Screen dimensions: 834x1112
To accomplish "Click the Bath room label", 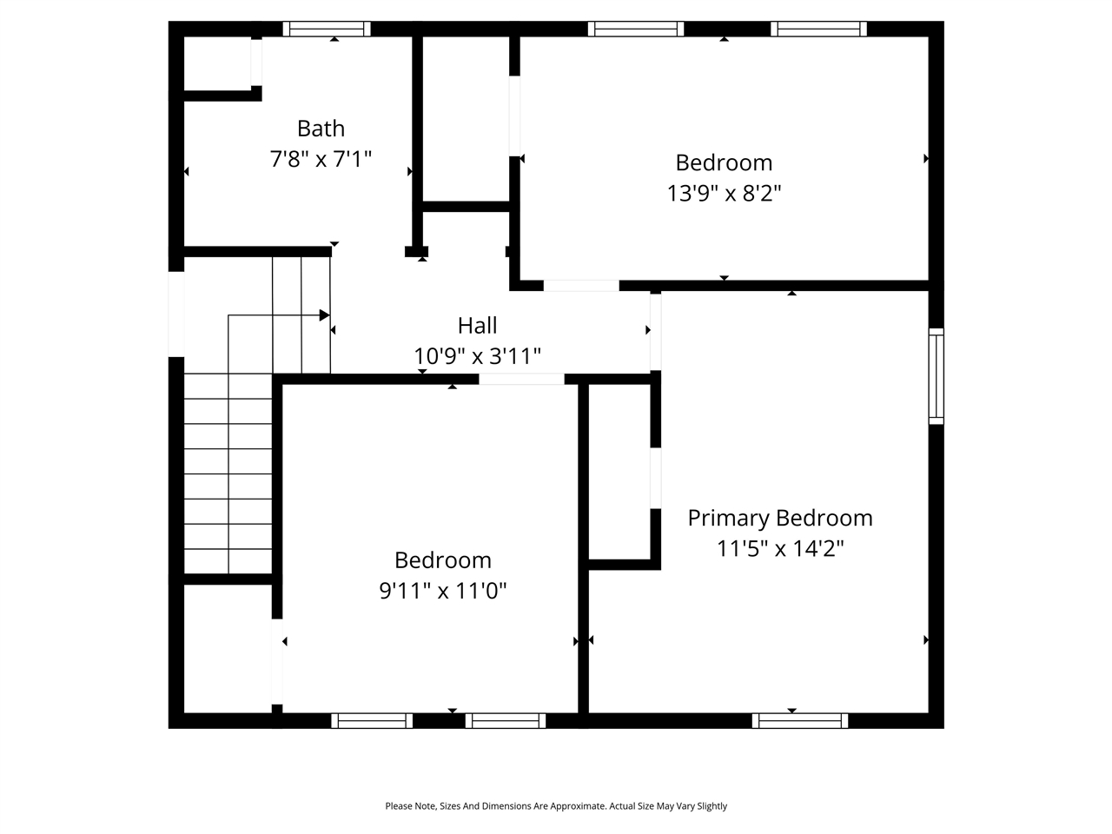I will point(321,129).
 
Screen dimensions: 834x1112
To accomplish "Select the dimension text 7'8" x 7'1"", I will point(321,159).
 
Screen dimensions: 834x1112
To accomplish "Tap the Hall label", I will point(477,326).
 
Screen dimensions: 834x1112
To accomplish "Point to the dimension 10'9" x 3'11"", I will point(477,356).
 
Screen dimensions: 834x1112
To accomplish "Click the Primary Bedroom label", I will point(779,518).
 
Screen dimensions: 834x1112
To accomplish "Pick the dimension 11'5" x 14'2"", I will point(779,548).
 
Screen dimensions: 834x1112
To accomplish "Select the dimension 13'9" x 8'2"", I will point(724,193).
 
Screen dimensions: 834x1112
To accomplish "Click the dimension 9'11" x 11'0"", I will point(442,591).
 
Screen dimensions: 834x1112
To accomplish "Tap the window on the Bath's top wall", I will point(327,29).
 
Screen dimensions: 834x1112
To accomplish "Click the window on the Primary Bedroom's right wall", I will point(936,376).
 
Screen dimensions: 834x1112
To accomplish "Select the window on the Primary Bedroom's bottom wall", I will point(799,720).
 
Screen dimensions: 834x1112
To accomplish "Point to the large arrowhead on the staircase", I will point(324,315).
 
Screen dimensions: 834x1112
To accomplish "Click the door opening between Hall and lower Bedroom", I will point(521,379).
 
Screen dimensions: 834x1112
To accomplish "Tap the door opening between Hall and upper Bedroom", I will point(581,285).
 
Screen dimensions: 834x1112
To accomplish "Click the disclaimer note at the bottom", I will point(556,806).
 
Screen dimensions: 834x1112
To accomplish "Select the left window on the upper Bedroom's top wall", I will point(636,29).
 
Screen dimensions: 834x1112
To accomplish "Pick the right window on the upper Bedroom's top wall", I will point(818,29).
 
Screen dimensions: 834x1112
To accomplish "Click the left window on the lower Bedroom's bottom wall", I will point(372,720).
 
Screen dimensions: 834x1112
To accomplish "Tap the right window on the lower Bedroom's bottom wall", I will point(505,720).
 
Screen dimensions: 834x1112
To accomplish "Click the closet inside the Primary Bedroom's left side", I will point(619,473).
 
